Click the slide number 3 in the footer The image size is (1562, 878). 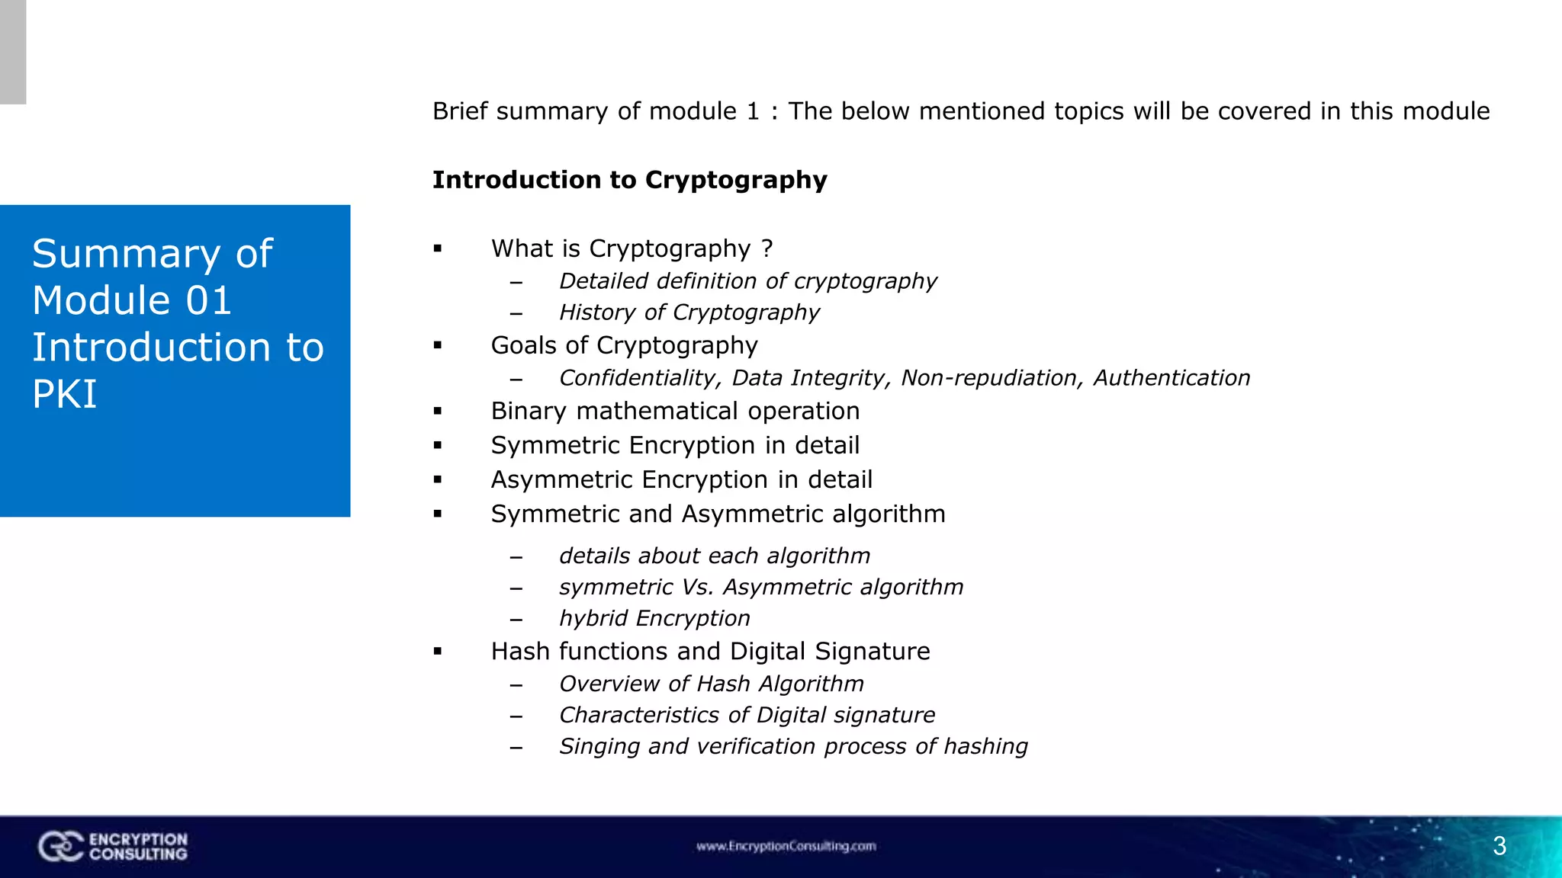(1499, 846)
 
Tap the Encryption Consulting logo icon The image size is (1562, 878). (60, 846)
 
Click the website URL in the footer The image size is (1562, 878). (786, 846)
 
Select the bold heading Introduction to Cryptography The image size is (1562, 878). (629, 180)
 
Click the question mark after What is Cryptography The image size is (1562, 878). (767, 248)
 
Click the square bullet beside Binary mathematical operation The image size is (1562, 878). (438, 412)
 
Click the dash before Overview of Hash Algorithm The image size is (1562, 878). (516, 685)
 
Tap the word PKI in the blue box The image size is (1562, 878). (65, 394)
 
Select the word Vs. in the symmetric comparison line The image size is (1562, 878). (697, 587)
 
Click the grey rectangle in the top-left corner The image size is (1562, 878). (13, 52)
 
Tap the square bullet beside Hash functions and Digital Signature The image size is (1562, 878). (438, 652)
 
